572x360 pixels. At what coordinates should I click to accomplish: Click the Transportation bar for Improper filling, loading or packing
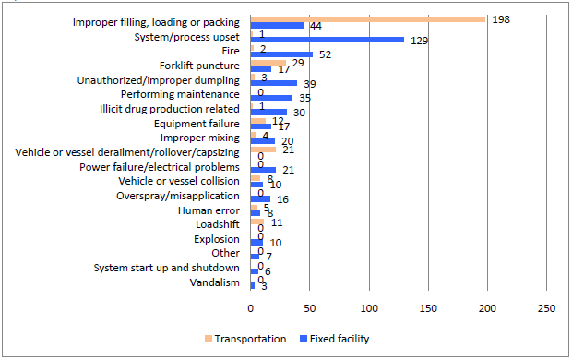pyautogui.click(x=367, y=18)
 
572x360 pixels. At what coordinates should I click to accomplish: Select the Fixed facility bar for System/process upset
pyautogui.click(x=327, y=40)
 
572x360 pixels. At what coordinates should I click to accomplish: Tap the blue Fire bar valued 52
pyautogui.click(x=281, y=54)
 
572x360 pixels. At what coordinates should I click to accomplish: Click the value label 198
pyautogui.click(x=500, y=18)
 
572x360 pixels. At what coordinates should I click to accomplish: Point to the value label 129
pyautogui.click(x=418, y=41)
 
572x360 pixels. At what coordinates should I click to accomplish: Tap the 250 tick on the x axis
pyautogui.click(x=547, y=307)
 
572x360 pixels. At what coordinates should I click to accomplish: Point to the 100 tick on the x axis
pyautogui.click(x=369, y=307)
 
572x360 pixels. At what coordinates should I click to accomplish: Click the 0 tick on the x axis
pyautogui.click(x=250, y=307)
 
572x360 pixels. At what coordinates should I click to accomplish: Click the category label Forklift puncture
pyautogui.click(x=199, y=66)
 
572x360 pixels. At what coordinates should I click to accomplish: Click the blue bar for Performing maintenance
pyautogui.click(x=271, y=97)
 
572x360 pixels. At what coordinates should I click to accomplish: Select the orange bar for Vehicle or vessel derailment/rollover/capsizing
pyautogui.click(x=263, y=149)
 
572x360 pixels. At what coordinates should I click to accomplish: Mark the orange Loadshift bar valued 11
pyautogui.click(x=256, y=221)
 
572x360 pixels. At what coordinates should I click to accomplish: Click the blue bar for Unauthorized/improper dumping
pyautogui.click(x=273, y=83)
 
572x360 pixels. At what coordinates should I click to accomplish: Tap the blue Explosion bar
pyautogui.click(x=256, y=242)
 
